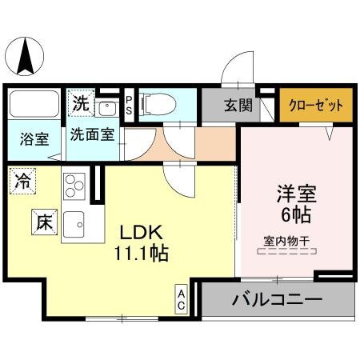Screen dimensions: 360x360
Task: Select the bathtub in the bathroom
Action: coord(34,105)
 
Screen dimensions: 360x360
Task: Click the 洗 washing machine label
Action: coord(81,102)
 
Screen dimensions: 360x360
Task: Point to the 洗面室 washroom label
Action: coord(91,134)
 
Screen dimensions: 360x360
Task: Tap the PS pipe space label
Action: coord(128,106)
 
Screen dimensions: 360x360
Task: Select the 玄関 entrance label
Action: coord(238,106)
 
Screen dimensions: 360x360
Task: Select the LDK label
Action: coord(142,233)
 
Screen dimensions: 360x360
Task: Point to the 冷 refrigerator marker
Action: coord(23,181)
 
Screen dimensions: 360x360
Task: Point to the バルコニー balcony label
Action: coord(277,302)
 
